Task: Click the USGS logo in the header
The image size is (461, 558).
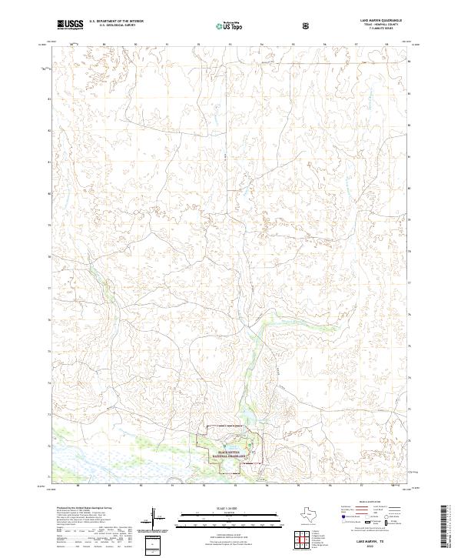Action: click(71, 25)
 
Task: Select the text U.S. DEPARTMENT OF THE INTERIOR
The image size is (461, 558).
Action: click(115, 22)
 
